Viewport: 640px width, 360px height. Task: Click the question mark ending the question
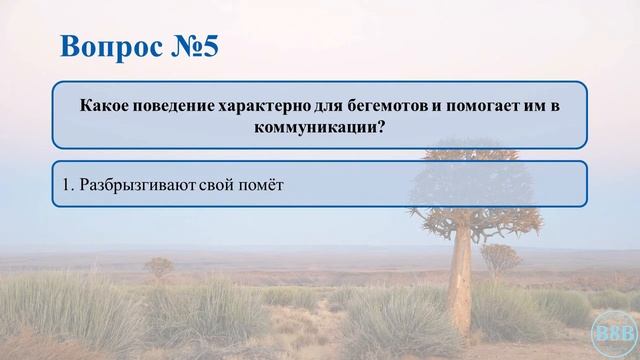click(382, 127)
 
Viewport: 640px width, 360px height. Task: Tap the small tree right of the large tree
click(500, 257)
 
